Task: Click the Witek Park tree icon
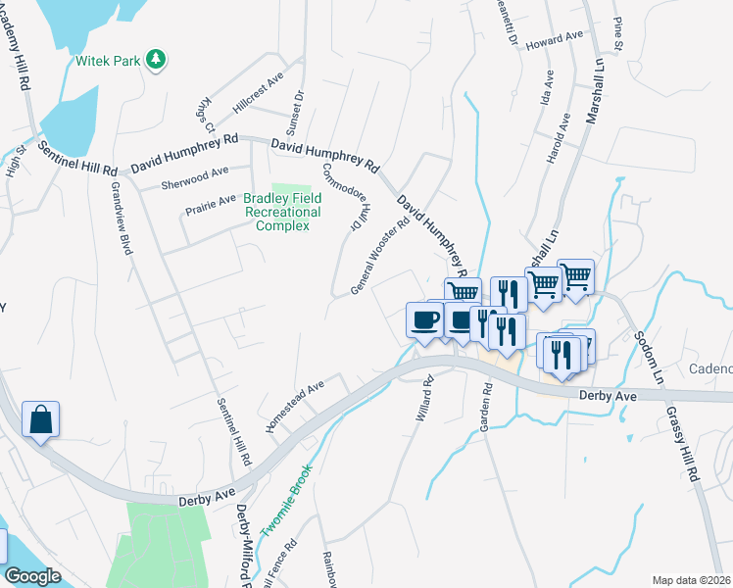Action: click(x=155, y=61)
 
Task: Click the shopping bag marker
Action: click(x=41, y=420)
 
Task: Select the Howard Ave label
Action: click(x=554, y=40)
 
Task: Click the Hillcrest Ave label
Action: click(x=258, y=92)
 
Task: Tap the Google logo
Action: click(x=33, y=576)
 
